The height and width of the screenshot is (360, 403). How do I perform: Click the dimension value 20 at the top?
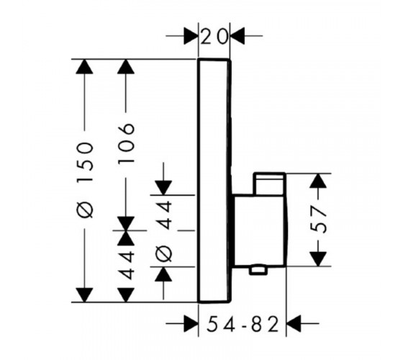[214, 37]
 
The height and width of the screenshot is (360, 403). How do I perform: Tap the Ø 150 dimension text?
[85, 180]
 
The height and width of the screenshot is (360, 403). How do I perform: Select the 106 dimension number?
[126, 143]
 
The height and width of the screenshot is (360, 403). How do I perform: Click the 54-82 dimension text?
[243, 324]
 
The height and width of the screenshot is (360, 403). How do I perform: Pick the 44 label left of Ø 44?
[126, 265]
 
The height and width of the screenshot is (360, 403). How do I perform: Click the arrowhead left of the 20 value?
[191, 36]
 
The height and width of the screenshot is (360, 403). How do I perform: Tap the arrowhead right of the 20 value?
[237, 36]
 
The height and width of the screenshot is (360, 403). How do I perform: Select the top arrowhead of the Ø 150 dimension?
[84, 66]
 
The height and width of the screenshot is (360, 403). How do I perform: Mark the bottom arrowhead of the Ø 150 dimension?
[84, 295]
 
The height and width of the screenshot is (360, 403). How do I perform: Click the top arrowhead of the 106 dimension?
[126, 66]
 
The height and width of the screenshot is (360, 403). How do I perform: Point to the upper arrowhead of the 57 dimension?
[318, 181]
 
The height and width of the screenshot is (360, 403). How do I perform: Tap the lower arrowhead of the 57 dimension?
[318, 259]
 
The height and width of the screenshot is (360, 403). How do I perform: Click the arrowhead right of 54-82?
[294, 323]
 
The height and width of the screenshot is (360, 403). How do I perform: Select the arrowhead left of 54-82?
[191, 323]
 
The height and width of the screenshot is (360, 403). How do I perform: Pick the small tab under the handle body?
[258, 271]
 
